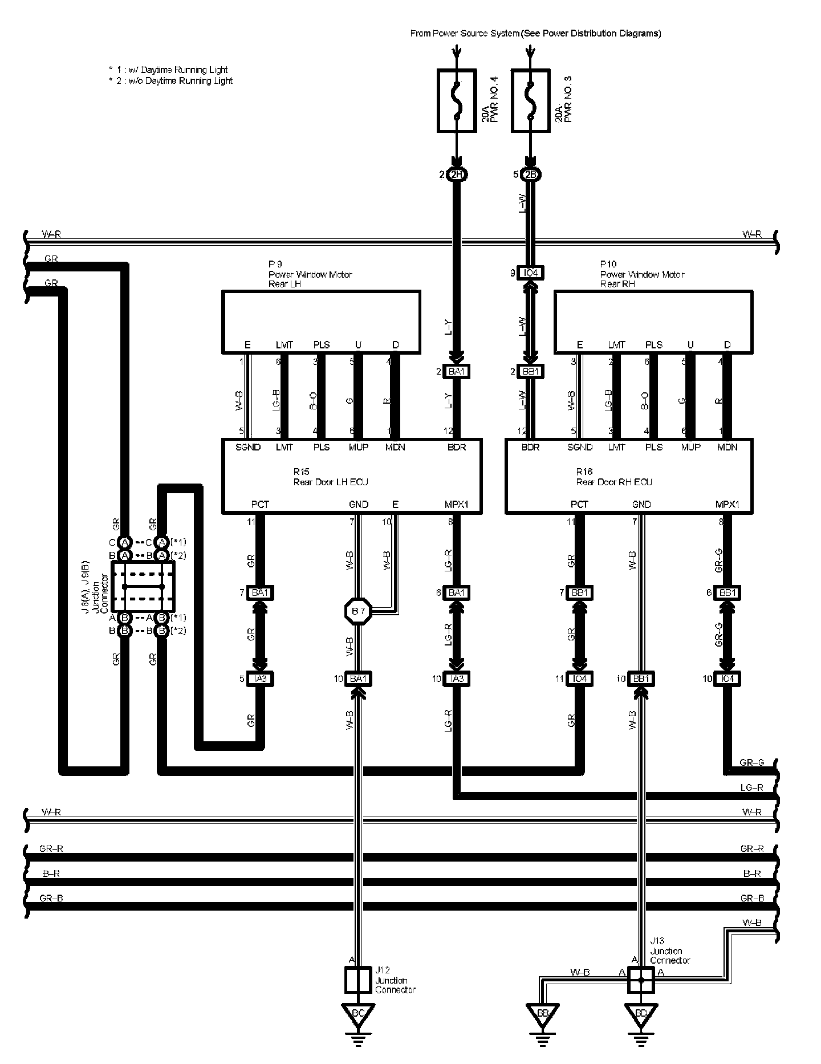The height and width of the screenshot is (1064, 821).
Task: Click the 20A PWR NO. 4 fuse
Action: [x=456, y=101]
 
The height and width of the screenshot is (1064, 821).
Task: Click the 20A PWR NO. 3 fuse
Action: [x=531, y=101]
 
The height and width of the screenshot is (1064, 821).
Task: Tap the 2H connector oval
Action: [x=456, y=174]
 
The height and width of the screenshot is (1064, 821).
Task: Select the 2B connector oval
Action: [x=531, y=174]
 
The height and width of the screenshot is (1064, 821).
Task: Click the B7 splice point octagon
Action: [x=358, y=612]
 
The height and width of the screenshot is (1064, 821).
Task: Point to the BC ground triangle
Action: [x=358, y=1014]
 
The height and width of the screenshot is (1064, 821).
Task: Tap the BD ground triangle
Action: [x=640, y=1014]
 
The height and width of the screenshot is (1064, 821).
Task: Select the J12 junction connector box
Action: [x=358, y=980]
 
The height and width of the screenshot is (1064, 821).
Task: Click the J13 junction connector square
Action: [x=640, y=980]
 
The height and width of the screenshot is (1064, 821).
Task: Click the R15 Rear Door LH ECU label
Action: [x=331, y=477]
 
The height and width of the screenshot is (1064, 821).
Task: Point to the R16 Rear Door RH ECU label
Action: [x=613, y=477]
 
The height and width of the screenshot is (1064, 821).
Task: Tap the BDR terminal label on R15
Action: [x=456, y=448]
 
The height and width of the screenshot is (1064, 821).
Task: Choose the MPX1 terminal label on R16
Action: [x=727, y=505]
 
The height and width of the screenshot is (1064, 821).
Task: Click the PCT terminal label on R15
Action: [x=260, y=505]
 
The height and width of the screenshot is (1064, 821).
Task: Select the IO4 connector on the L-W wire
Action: [x=531, y=273]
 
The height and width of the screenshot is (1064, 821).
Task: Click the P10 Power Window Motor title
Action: [x=642, y=274]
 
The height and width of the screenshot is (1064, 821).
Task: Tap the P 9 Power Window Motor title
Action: [x=310, y=274]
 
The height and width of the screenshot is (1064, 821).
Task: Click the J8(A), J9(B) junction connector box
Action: [x=143, y=586]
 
